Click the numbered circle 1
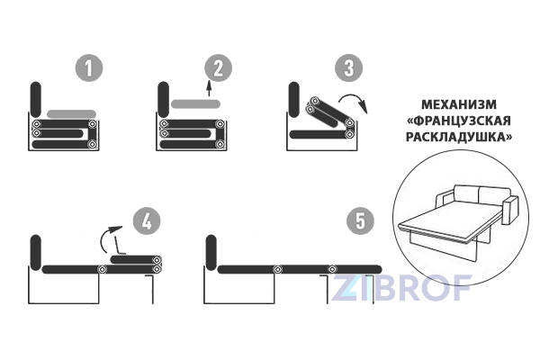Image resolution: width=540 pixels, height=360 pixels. pos(89,67)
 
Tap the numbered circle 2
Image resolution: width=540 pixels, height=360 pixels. pos(219,67)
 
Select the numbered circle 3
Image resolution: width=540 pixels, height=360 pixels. pos(348,67)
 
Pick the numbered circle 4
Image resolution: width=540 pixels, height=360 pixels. pos(147,220)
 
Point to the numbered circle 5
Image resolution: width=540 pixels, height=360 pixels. pos(360,220)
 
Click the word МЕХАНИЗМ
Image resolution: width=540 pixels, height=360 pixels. pos(459,104)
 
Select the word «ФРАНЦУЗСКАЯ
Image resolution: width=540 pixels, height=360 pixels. pos(459,121)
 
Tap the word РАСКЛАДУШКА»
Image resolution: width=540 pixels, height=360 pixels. pos(459,137)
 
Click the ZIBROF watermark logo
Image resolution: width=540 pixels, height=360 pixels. pos(401,288)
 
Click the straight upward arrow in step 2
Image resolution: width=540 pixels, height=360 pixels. pos(209,88)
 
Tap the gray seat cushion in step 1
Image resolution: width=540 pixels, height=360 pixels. pos(71,114)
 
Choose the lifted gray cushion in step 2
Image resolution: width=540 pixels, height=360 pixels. pos(195,103)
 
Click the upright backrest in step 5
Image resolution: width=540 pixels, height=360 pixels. pos(211,253)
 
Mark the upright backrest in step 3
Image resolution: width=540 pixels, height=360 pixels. pos(294,99)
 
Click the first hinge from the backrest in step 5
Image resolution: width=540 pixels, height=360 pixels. pos(277,269)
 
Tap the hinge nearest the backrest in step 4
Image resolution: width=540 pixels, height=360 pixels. pos(103,269)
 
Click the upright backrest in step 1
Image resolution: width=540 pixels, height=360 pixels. pos(36,99)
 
